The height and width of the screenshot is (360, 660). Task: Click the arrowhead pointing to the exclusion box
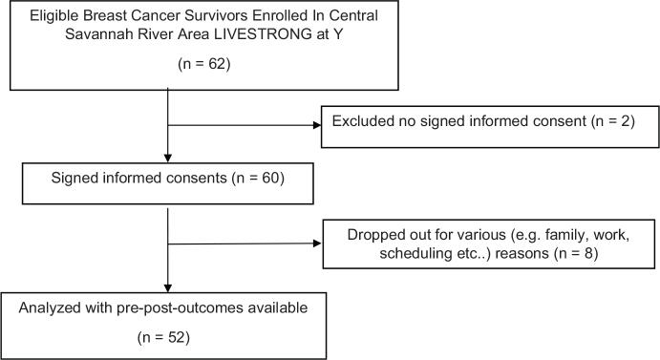(x=314, y=126)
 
